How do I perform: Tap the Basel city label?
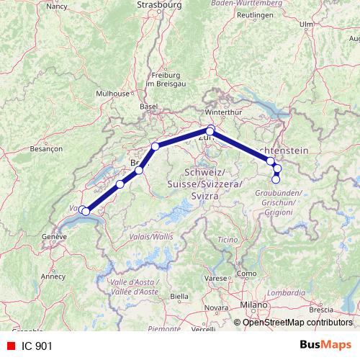[x=149, y=106]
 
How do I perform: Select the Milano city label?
[x=253, y=305]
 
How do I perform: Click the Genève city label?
[x=53, y=236]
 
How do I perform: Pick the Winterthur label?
[x=221, y=112]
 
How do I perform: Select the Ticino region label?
[x=228, y=238]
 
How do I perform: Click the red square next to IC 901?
[x=11, y=346]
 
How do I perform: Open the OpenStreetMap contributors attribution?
[x=297, y=322]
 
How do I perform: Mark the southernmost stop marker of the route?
[x=275, y=179]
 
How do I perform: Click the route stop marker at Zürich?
[x=210, y=130]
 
